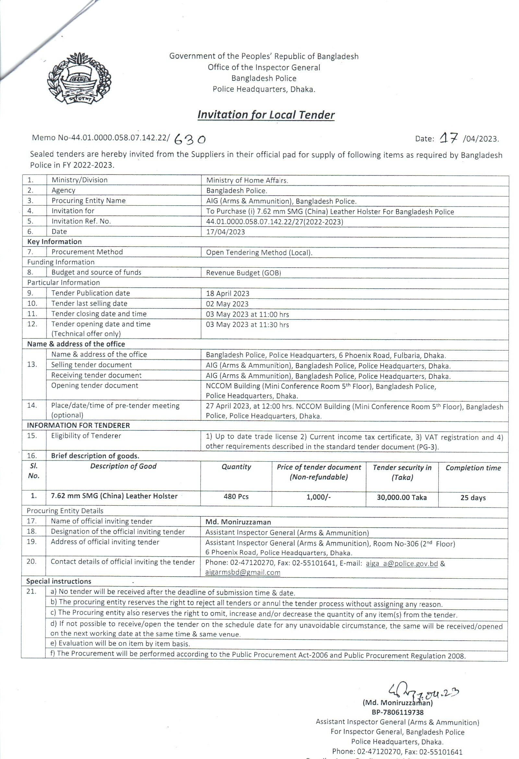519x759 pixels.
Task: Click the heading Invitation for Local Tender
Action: pyautogui.click(x=266, y=115)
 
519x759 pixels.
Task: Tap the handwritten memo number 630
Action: pyautogui.click(x=190, y=140)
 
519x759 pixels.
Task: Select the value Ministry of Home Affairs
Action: pyautogui.click(x=247, y=180)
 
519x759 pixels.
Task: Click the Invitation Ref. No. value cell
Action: pyautogui.click(x=274, y=222)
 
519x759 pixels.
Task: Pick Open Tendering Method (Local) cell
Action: pyautogui.click(x=259, y=252)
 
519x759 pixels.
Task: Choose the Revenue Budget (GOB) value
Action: pyautogui.click(x=243, y=273)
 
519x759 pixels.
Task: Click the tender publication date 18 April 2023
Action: pyautogui.click(x=227, y=293)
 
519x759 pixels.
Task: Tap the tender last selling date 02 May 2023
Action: pyautogui.click(x=227, y=304)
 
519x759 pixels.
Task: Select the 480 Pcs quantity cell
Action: pyautogui.click(x=236, y=496)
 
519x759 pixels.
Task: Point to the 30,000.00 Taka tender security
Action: pyautogui.click(x=402, y=497)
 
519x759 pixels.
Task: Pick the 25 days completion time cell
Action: pyautogui.click(x=473, y=498)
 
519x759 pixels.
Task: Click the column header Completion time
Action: pyautogui.click(x=473, y=468)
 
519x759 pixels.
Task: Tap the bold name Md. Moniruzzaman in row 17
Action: pyautogui.click(x=238, y=522)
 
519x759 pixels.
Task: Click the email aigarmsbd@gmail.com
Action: pyautogui.click(x=243, y=572)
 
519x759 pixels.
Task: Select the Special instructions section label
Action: pyautogui.click(x=59, y=581)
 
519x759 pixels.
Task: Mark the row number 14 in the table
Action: pyautogui.click(x=32, y=405)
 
